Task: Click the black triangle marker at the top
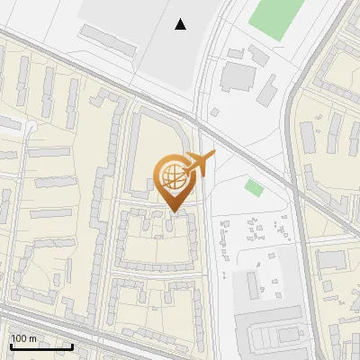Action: point(181,24)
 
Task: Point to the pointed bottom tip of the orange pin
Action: point(173,212)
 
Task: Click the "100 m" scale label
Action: point(23,338)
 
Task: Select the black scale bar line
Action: point(40,346)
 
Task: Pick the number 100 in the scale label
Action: point(19,338)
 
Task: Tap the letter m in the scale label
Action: point(32,339)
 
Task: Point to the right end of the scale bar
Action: point(72,346)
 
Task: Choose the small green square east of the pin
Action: point(254,188)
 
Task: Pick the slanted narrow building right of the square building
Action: point(267,88)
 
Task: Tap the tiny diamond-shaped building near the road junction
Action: point(215,112)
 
